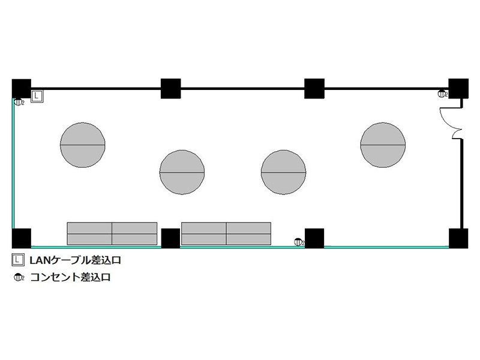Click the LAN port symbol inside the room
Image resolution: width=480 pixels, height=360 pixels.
[x=37, y=96]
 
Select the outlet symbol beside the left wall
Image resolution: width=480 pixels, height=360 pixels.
[x=19, y=102]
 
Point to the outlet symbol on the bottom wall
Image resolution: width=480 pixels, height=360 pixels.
[x=299, y=242]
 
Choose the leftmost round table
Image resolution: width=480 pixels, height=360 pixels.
[x=83, y=145]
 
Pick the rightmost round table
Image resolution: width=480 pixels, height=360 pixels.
[x=383, y=145]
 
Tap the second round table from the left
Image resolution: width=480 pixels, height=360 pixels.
[x=182, y=172]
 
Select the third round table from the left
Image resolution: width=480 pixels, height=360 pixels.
[x=283, y=172]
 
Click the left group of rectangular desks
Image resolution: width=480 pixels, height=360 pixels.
[x=112, y=233]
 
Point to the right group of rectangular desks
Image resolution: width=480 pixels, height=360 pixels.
[x=226, y=233]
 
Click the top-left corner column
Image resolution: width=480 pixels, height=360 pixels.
[x=22, y=88]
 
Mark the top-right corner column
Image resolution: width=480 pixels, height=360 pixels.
[x=458, y=88]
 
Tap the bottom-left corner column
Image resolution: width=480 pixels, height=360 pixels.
[x=22, y=238]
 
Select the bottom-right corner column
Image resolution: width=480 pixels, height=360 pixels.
[x=458, y=238]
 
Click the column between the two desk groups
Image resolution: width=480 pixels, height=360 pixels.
[x=170, y=238]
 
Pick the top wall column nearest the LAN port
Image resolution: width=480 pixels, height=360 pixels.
[x=22, y=88]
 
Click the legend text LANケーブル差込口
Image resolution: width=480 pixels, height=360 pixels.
[x=76, y=260]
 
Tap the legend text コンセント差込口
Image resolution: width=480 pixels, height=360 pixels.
[x=70, y=277]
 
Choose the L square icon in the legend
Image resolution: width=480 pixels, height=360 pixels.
[x=18, y=260]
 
